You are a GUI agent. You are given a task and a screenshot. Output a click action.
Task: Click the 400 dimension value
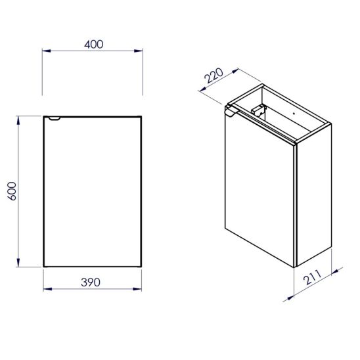click(94, 44)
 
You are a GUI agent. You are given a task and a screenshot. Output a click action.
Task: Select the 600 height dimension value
click(12, 191)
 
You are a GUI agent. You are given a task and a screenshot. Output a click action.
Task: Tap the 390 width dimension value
click(91, 282)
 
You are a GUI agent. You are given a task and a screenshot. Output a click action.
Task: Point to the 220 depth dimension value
click(214, 76)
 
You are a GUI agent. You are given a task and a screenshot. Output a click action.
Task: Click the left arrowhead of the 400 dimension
click(47, 51)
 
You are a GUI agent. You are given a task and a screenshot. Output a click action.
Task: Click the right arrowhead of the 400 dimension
click(139, 51)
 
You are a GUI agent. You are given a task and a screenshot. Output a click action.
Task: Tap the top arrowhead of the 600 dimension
click(18, 120)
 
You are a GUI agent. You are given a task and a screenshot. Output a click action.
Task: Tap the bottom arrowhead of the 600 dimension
click(18, 263)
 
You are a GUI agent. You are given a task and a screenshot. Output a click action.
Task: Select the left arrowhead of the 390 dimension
click(48, 289)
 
